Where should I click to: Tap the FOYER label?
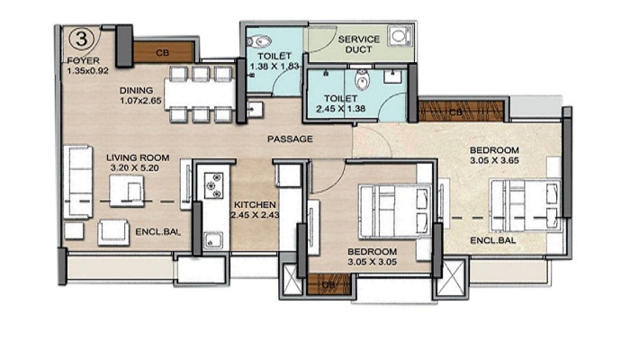(82, 60)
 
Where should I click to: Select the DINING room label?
(139, 91)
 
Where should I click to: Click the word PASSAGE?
(290, 139)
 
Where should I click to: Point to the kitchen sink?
(212, 239)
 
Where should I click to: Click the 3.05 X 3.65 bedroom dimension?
(494, 161)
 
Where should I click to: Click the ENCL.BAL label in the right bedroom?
(494, 241)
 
